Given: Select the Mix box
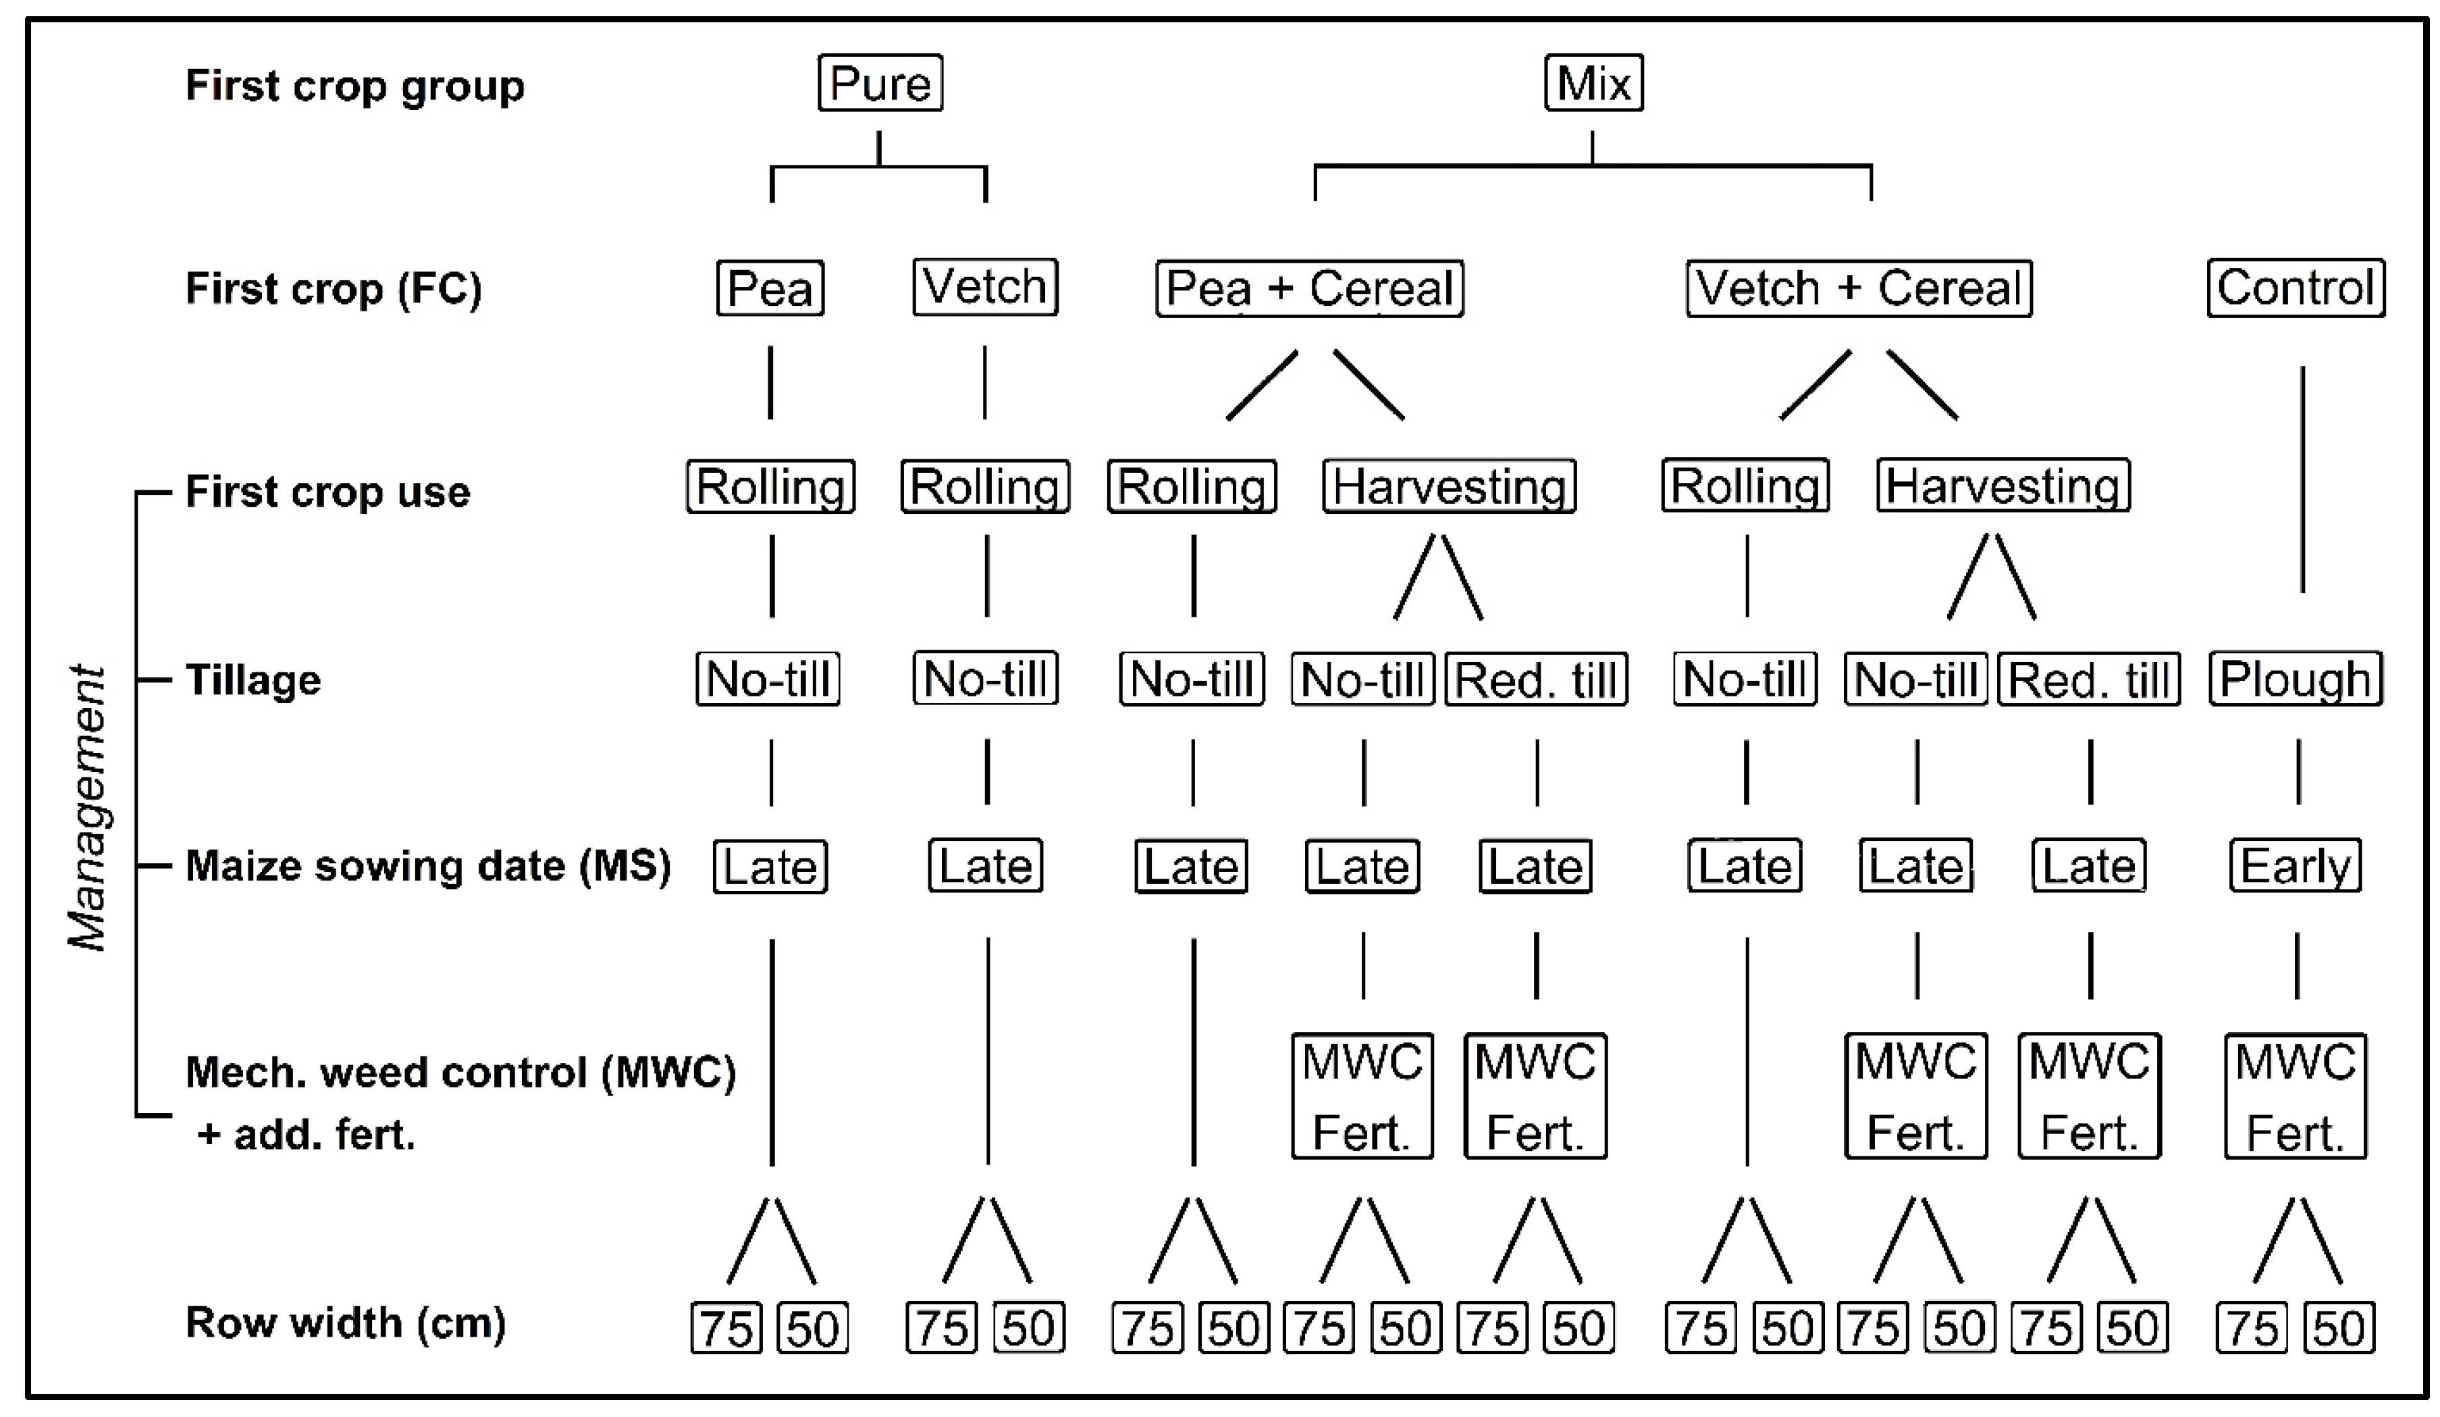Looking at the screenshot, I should point(1593,83).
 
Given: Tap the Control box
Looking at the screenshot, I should point(2295,288).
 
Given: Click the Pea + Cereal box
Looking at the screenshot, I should point(1309,288).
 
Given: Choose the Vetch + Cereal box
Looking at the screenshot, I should point(1858,288).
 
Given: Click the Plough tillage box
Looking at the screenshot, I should point(2295,679).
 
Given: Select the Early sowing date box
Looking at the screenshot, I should point(2295,865).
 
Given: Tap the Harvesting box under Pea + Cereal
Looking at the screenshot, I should point(1448,486).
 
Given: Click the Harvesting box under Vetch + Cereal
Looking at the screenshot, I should point(2003,486).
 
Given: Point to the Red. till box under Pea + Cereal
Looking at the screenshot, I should point(1536,679).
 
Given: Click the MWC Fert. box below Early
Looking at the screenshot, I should point(2295,1096).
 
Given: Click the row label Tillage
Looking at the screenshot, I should point(253,680).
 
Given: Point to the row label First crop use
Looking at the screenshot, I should point(327,492).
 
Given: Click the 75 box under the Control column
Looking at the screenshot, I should point(2251,1328).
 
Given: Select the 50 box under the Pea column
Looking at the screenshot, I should point(812,1328).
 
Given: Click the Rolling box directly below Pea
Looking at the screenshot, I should point(771,486).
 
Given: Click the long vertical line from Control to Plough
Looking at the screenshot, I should point(2302,480).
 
